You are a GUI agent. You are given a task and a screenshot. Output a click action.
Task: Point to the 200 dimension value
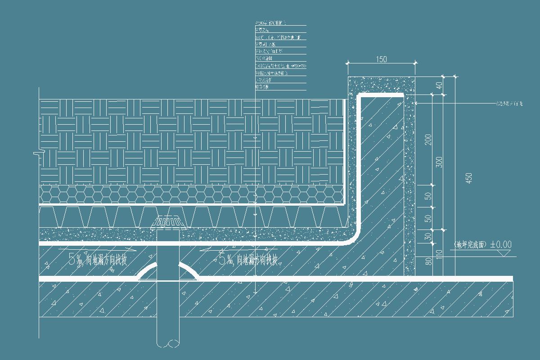click(428, 139)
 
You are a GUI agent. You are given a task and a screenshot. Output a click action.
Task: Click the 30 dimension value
click(428, 235)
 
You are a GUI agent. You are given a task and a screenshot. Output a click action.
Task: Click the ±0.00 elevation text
click(501, 245)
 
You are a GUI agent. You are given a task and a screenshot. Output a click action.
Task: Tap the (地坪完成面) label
click(470, 245)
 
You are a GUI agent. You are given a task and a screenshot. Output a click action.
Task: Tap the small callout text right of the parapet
click(509, 104)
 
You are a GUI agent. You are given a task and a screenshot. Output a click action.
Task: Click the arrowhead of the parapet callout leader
click(416, 104)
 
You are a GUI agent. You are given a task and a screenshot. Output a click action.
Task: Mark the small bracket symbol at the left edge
click(37, 154)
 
